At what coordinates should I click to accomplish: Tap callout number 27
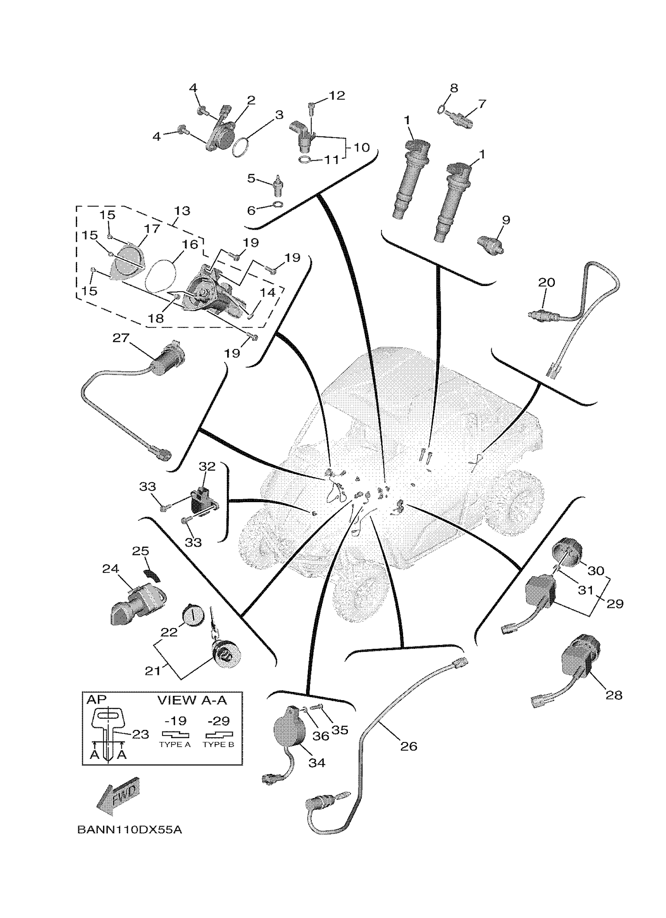121,338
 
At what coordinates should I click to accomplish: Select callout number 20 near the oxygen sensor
546,282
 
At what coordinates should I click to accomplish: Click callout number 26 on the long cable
408,746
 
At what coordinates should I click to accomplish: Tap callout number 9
506,220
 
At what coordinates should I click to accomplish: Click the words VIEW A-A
192,700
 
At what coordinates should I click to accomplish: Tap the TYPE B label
218,744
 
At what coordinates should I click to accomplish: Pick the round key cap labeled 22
192,616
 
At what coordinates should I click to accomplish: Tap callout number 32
207,466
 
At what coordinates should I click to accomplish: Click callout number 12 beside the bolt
337,96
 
